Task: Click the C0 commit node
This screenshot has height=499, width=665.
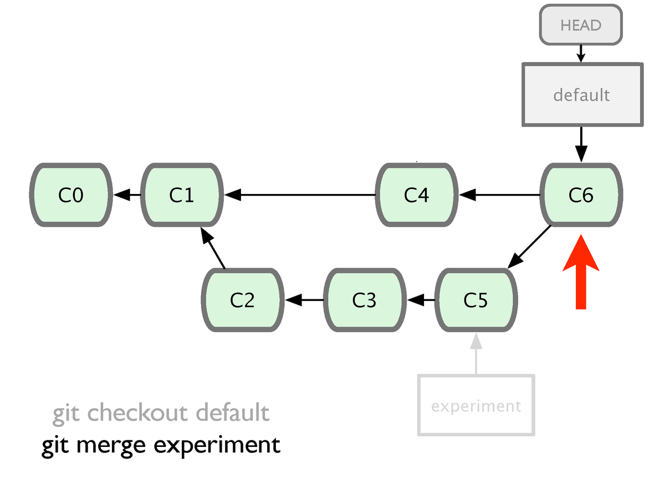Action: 71,195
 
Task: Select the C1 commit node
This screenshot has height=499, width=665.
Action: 182,195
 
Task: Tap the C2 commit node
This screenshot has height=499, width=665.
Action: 243,300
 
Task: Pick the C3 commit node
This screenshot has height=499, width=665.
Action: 365,300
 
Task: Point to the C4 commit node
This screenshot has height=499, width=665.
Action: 417,195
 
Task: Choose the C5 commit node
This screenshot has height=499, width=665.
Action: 476,300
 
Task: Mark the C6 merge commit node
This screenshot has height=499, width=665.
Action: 581,195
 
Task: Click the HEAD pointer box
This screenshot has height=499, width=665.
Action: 581,25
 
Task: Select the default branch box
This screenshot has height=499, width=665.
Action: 582,94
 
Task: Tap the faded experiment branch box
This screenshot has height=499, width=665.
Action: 476,405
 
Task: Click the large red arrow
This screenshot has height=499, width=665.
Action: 581,272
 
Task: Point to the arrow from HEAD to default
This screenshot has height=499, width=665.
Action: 581,54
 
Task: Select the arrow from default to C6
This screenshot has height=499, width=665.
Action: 581,145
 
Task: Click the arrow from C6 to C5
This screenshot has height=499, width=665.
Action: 529,247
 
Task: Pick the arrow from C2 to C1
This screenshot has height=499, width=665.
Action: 212,248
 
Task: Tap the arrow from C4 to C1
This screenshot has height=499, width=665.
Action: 300,195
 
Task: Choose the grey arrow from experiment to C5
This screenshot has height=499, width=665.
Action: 476,354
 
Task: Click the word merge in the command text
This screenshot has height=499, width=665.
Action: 111,445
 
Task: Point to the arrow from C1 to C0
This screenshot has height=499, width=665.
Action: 127,195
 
